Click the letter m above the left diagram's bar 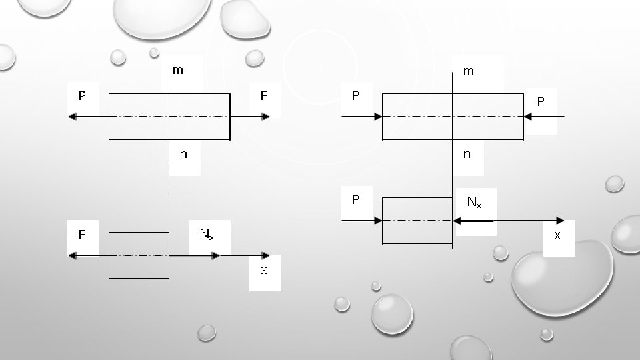coord(179,70)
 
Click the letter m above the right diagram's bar coord(468,71)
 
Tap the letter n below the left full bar coord(183,154)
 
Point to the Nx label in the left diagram coord(206,234)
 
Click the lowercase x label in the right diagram coord(557,235)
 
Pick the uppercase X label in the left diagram coord(264,270)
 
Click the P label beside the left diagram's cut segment coord(82,234)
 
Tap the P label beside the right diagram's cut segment coord(355,199)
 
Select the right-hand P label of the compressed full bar coord(541,101)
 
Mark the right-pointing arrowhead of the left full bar coord(265,117)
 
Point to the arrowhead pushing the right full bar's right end coord(527,117)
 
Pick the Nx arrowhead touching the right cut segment coord(458,221)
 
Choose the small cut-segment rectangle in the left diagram coord(139,255)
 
